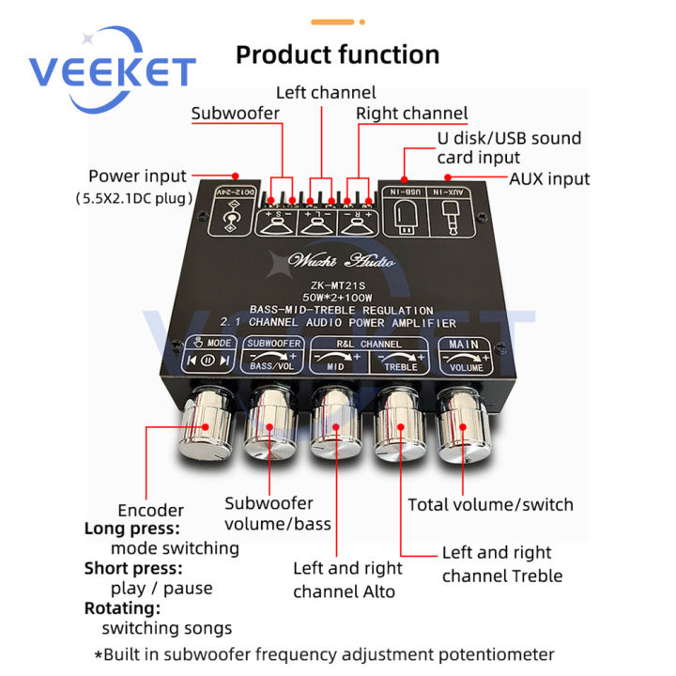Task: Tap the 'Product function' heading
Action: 337,54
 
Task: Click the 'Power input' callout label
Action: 150,176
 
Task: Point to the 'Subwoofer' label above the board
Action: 235,115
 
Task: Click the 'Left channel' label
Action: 325,92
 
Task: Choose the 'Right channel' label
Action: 411,114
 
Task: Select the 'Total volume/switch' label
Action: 490,504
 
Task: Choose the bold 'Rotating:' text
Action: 122,608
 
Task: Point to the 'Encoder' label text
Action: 151,510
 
